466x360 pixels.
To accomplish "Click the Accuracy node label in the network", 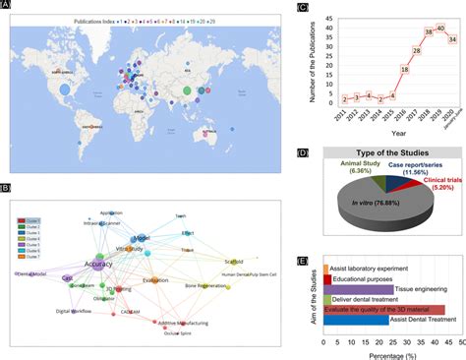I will [100, 265].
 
